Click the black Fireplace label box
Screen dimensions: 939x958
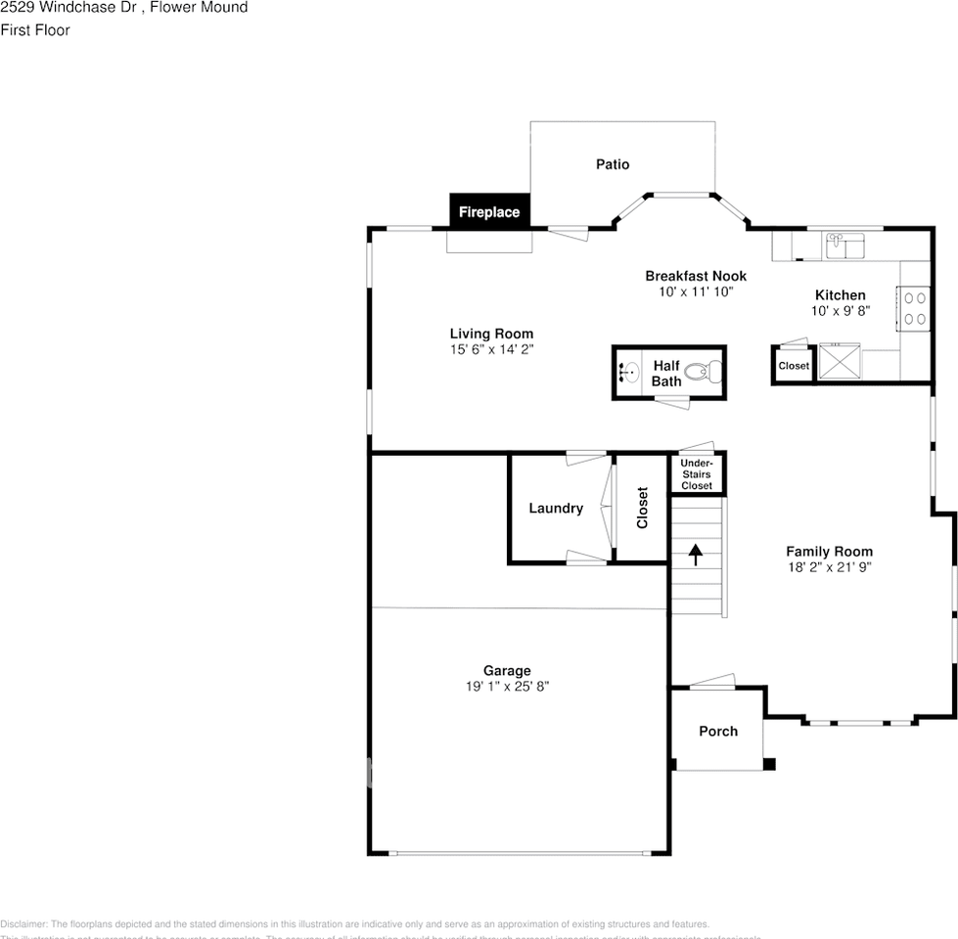[x=489, y=211]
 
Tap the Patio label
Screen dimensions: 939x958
[x=613, y=164]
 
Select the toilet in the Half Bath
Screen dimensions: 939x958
[x=703, y=372]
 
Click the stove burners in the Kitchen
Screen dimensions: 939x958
[x=915, y=308]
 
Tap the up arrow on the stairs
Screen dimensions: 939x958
[x=696, y=556]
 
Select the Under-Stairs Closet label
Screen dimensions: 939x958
[x=697, y=474]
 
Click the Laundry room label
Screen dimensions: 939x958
[x=556, y=508]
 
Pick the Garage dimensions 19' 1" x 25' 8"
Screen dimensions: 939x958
[x=507, y=687]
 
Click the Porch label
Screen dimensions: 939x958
[x=718, y=731]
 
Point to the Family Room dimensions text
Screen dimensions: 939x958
[x=829, y=567]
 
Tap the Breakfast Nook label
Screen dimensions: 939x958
[x=696, y=276]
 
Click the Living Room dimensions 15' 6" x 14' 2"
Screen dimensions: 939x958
[x=491, y=349]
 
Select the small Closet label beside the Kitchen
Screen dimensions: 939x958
[x=794, y=366]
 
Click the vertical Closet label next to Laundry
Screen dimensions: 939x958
[x=643, y=508]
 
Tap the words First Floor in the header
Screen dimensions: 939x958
[x=35, y=30]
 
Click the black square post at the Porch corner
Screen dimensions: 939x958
[x=769, y=764]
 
